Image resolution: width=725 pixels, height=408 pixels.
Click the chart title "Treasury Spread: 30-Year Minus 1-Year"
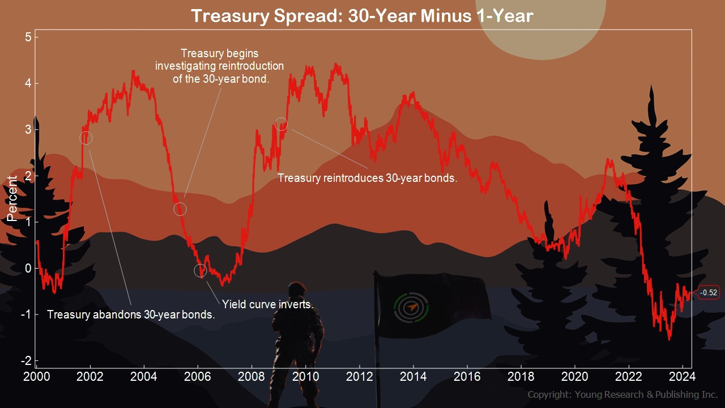click(362, 15)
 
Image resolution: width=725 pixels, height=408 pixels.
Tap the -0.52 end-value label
click(709, 293)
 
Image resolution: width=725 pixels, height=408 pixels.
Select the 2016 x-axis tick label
click(467, 376)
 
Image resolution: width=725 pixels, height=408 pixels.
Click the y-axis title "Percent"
click(12, 198)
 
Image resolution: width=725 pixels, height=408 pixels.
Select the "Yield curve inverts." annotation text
click(267, 304)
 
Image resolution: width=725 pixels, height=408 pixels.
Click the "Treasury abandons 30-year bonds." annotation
click(131, 314)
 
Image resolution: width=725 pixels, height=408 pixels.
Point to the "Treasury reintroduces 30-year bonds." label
click(367, 178)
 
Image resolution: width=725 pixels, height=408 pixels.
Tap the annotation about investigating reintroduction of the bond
click(220, 66)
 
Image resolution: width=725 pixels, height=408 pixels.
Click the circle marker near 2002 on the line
click(86, 138)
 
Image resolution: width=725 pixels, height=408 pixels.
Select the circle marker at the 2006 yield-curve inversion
click(201, 270)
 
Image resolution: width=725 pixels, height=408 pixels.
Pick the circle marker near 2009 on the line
click(281, 124)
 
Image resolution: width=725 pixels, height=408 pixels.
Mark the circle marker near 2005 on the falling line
click(180, 209)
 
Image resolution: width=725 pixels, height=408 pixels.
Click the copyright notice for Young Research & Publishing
click(622, 394)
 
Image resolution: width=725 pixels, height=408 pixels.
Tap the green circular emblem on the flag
click(412, 307)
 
